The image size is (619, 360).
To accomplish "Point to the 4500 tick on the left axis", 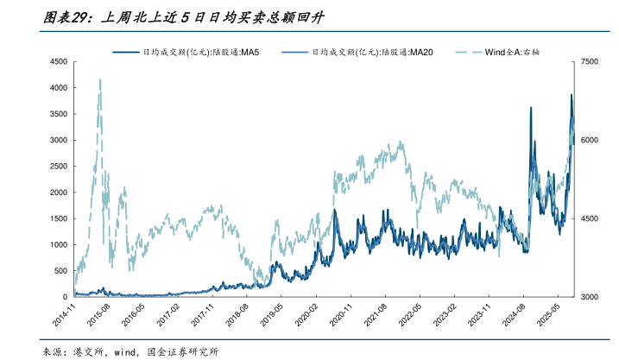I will pyautogui.click(x=57, y=62).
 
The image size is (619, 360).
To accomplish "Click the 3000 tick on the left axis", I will pyautogui.click(x=57, y=140).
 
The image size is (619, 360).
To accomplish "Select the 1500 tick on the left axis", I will pyautogui.click(x=57, y=218).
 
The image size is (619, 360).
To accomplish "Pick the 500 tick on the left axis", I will pyautogui.click(x=60, y=271).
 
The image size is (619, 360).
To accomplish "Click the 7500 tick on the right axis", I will pyautogui.click(x=590, y=62).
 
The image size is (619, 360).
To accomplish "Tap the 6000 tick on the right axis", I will pyautogui.click(x=590, y=140).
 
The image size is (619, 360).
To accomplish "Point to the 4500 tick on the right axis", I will pyautogui.click(x=590, y=218).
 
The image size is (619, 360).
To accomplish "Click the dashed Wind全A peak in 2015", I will pyautogui.click(x=100, y=80).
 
